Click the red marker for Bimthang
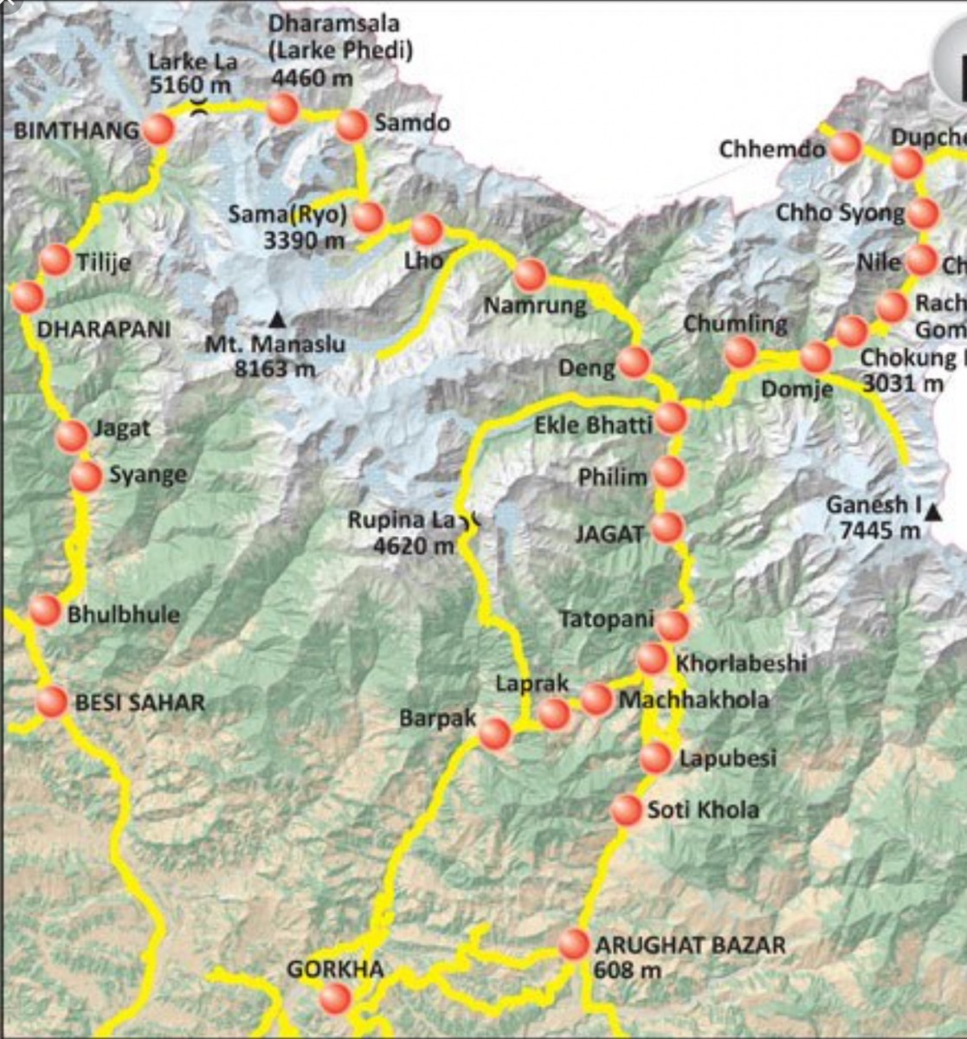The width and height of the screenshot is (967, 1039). click(x=158, y=130)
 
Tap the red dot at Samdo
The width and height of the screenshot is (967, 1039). click(x=351, y=126)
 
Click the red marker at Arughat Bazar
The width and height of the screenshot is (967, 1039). click(x=574, y=944)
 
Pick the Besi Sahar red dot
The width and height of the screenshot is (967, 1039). click(x=52, y=701)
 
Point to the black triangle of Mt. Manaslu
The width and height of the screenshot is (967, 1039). click(x=276, y=319)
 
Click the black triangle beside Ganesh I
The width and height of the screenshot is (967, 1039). click(x=932, y=513)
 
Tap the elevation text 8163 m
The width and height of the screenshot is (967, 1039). click(x=274, y=368)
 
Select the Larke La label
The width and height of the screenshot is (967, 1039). click(x=192, y=62)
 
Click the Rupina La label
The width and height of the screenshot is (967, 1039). click(x=401, y=520)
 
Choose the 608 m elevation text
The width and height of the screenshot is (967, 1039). click(x=628, y=970)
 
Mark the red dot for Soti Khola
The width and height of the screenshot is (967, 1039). click(x=626, y=810)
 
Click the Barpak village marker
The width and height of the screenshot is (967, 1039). click(x=495, y=733)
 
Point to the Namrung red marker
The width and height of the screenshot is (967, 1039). click(x=530, y=275)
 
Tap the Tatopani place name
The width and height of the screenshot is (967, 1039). click(x=606, y=620)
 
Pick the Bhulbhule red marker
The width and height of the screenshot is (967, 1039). click(x=45, y=610)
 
